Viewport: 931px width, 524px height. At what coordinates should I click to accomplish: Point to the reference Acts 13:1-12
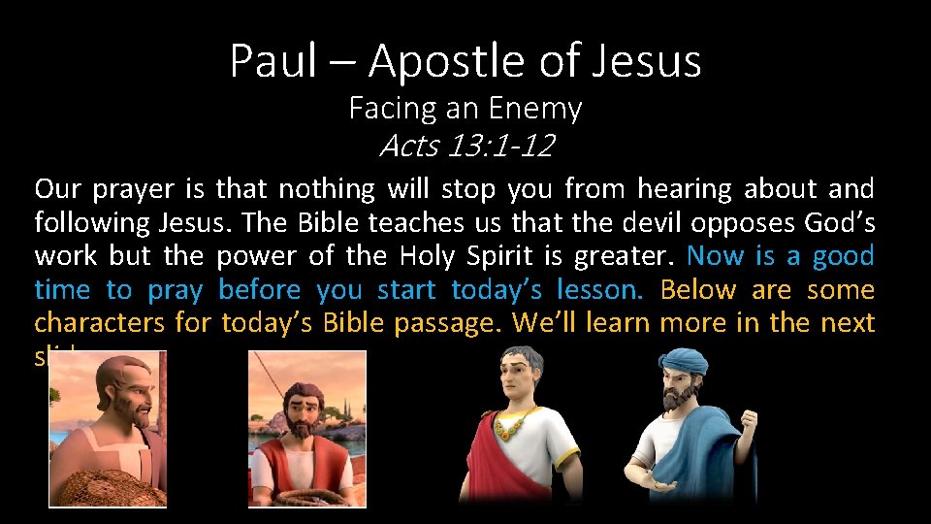point(465,146)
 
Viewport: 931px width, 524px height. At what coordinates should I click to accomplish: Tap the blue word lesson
point(598,290)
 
